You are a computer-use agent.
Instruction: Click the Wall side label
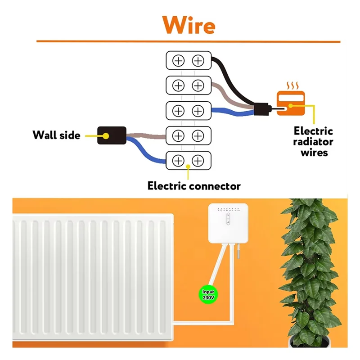coord(56,135)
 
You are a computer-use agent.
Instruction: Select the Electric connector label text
coord(194,185)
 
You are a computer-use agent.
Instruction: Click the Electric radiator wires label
coord(313,142)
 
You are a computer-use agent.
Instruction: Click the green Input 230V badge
coord(208,294)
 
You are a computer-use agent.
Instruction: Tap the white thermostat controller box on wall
coord(229,223)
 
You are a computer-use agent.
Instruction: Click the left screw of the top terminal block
coord(179,60)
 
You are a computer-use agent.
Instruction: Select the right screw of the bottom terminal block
coord(198,160)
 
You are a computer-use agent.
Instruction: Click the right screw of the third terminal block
coord(198,110)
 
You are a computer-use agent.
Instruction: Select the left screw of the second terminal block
coord(179,85)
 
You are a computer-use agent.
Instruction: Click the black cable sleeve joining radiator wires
coord(261,109)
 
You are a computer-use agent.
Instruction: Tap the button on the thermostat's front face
coord(228,219)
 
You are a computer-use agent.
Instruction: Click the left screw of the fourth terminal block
coord(179,135)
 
